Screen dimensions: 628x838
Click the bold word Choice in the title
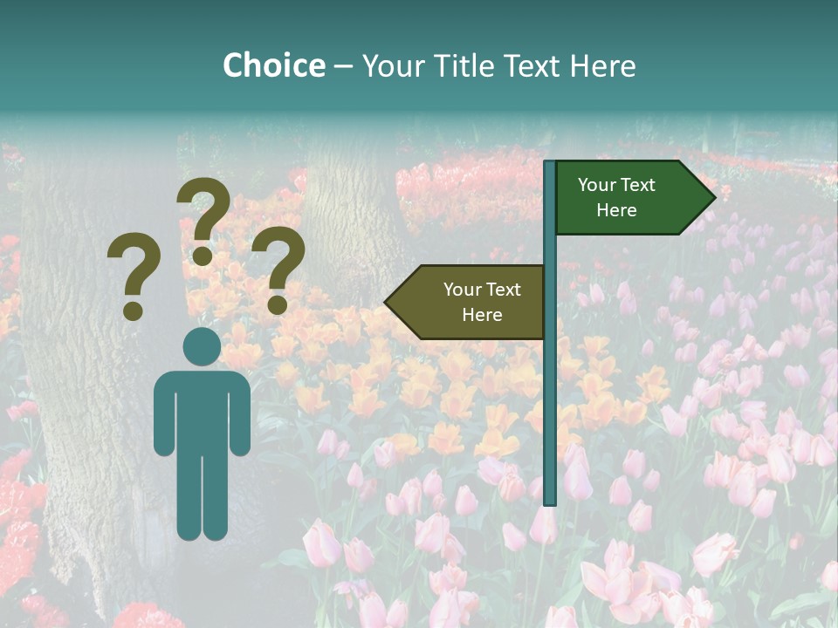tap(273, 65)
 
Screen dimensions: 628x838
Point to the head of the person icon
tap(202, 347)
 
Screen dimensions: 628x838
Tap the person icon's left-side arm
tap(163, 414)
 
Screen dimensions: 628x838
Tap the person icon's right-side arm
tap(240, 414)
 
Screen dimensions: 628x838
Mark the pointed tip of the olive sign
tap(388, 302)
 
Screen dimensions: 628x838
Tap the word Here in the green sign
tap(616, 210)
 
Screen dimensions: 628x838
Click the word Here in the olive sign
tap(482, 315)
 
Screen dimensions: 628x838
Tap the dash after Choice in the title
tap(343, 66)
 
